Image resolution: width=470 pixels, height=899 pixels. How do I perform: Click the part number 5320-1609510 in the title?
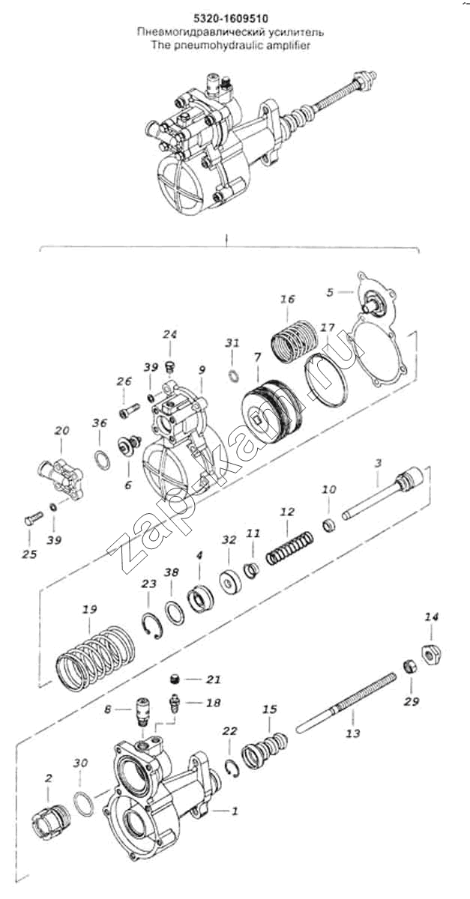(231, 19)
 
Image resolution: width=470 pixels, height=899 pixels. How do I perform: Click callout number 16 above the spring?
(288, 300)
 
